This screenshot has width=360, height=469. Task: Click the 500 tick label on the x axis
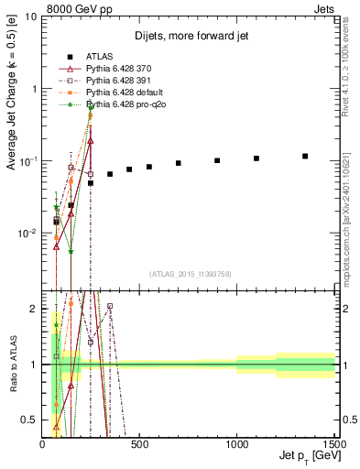140,444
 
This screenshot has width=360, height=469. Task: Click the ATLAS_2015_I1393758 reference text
189,273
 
